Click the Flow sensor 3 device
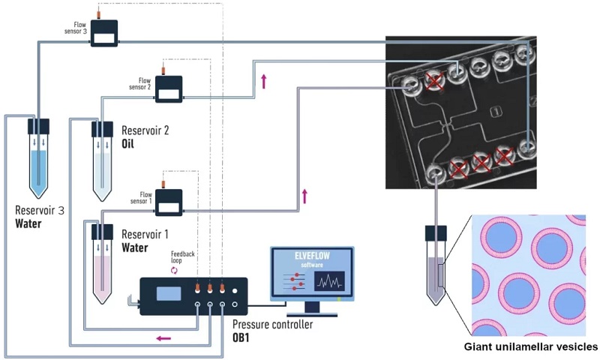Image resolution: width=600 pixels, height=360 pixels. (x=104, y=33)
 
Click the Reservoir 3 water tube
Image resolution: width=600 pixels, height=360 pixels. (x=38, y=161)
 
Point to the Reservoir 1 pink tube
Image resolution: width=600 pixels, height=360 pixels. (x=102, y=262)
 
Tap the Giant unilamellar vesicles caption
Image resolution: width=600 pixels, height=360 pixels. (x=531, y=346)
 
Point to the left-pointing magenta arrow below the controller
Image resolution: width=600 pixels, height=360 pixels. (x=163, y=338)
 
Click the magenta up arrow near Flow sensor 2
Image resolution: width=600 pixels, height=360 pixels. (x=263, y=80)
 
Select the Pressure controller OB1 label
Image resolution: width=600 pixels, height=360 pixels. (x=271, y=331)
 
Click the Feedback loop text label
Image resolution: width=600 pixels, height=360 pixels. (x=183, y=258)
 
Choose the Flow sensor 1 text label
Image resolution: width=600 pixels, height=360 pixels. (x=142, y=198)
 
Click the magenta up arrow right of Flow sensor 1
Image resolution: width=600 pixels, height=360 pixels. (x=304, y=196)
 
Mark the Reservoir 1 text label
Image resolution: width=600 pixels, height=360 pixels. (x=145, y=235)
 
